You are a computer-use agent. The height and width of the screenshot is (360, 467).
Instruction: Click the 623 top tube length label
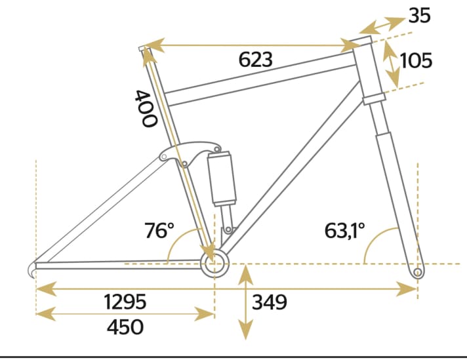(255, 60)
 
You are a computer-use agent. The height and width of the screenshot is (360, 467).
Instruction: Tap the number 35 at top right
(419, 15)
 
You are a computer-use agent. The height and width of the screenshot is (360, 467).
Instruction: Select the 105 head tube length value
(416, 61)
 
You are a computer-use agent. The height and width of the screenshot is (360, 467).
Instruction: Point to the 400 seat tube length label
(145, 108)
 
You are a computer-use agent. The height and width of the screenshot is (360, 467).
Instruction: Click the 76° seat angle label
(159, 231)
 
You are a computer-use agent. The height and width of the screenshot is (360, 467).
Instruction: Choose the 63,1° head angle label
(344, 231)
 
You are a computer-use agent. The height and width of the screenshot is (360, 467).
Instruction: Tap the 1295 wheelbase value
(125, 302)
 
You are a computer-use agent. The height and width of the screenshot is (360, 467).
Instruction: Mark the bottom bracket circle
(214, 264)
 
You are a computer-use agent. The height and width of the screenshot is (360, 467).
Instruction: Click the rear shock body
(222, 178)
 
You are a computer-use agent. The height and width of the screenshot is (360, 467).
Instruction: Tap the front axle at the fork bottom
(416, 270)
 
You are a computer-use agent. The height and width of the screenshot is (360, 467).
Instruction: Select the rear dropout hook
(33, 269)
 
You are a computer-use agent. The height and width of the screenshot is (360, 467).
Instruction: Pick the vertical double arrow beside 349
(245, 302)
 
